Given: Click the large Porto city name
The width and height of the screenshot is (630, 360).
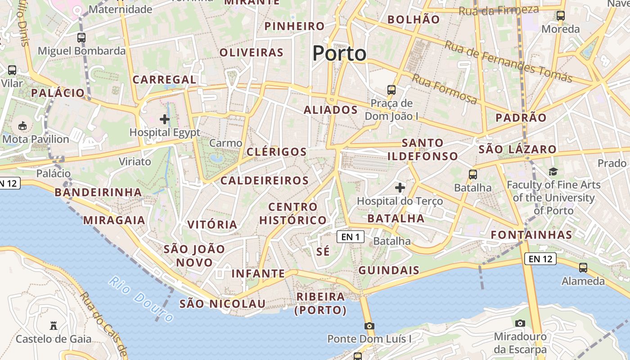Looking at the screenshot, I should coord(339,54).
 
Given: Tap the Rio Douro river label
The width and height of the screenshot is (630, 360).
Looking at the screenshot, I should coord(141,299).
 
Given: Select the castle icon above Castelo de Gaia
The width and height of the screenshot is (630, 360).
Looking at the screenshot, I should coord(54,325).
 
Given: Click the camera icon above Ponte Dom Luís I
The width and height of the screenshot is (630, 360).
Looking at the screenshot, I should coord(369,326).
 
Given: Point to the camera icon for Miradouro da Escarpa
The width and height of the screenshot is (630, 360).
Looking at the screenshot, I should coord(520,323).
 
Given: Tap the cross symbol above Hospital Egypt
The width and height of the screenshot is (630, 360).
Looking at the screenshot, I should coord(165,119).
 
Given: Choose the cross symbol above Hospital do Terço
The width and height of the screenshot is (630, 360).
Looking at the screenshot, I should coord(400,187).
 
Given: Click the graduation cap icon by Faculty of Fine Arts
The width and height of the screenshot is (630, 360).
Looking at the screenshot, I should coord(553,171).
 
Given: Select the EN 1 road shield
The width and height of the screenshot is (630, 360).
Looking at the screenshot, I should coord(351,237).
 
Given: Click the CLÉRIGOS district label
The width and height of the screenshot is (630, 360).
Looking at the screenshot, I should coord(277,152).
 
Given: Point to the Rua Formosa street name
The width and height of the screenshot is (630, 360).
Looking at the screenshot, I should coord(445,89).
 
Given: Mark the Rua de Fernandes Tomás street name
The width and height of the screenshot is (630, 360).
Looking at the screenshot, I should coord(508,62).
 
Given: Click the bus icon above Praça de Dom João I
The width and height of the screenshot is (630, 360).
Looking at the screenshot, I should coord(391,90).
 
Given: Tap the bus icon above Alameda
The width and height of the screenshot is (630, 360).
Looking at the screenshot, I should coord(583,268).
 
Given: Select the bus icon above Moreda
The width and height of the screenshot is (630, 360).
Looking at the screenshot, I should coord(561,16).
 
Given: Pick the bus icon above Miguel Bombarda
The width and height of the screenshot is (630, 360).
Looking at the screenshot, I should coord(81,38).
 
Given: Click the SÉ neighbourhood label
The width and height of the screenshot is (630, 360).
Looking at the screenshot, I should coord(323,252).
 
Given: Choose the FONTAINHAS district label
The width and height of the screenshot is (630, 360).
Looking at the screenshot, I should coord(531,235).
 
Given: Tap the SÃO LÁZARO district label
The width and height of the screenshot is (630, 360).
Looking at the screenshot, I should coord(517,149).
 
